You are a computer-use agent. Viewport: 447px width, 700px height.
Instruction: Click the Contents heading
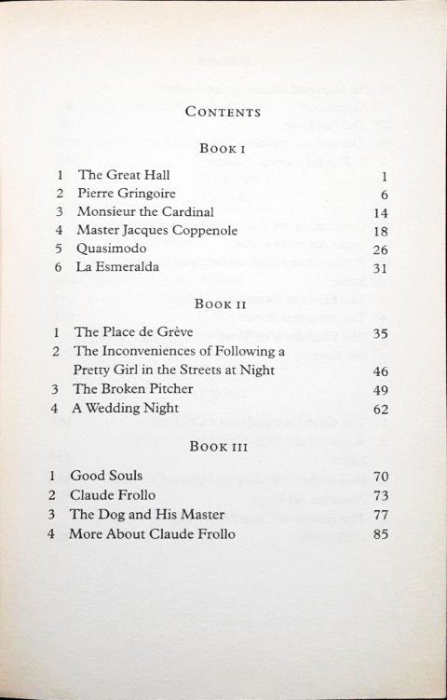(x=223, y=112)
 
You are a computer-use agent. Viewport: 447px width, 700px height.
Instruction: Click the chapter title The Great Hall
(x=124, y=174)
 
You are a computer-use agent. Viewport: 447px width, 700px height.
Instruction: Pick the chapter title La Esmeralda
(x=118, y=267)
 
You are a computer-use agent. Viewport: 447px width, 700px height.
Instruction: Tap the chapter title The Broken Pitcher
(x=135, y=388)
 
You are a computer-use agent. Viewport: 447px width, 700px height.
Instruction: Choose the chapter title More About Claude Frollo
(x=152, y=533)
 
